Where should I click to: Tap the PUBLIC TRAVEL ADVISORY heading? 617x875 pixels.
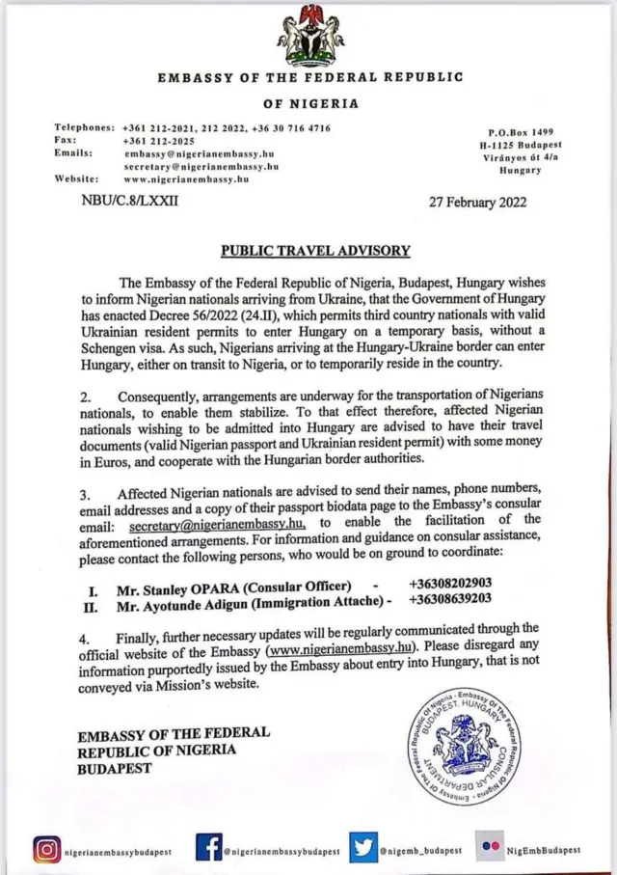point(315,251)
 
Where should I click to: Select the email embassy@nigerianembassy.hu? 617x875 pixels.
point(201,153)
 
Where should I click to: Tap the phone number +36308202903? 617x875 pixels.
point(450,584)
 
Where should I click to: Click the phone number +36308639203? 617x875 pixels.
point(449,600)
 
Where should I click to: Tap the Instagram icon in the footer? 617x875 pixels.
point(46,849)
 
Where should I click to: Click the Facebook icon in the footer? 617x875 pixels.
point(208,847)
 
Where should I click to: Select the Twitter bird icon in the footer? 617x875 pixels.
point(362,846)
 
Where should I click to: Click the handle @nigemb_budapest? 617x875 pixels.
point(420,851)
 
